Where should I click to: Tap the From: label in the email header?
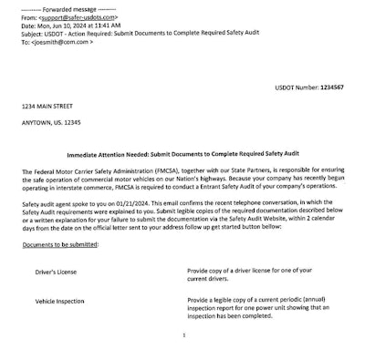[28, 17]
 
